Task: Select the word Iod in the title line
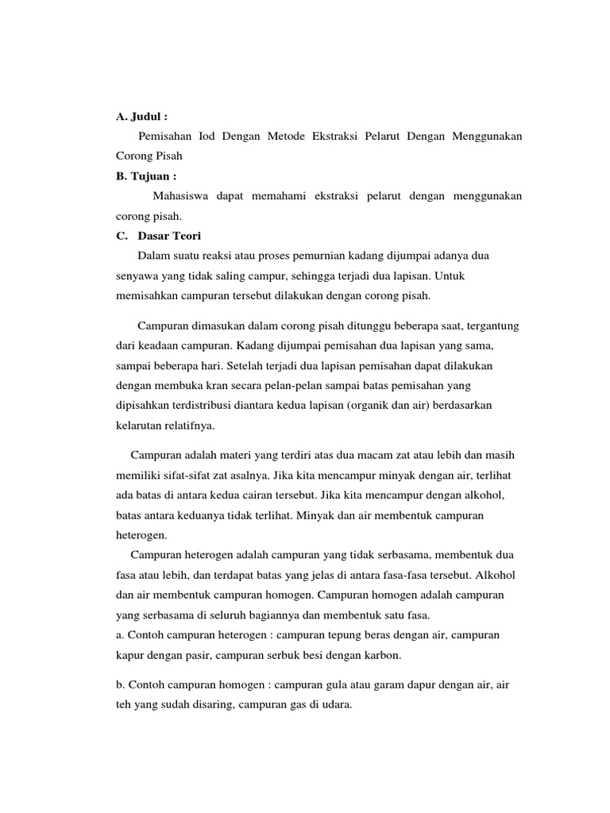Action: point(208,137)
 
